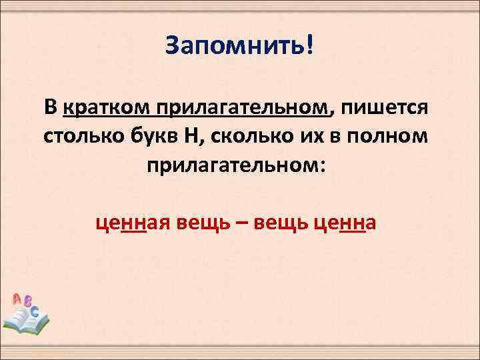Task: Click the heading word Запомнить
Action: (x=234, y=47)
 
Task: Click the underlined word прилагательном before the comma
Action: (x=243, y=107)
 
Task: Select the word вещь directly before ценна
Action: (x=280, y=222)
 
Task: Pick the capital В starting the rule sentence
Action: (x=51, y=107)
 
